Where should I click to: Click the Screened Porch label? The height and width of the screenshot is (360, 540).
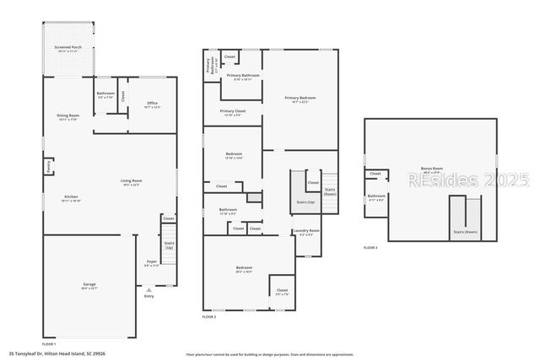click(x=67, y=49)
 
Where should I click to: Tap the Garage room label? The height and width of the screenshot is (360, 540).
click(x=89, y=285)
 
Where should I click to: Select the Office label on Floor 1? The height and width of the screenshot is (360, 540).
click(x=152, y=104)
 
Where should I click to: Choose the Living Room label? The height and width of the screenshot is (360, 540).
click(x=132, y=180)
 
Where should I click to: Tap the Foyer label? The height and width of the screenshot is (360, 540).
click(x=152, y=262)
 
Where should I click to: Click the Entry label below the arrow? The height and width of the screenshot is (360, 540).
click(x=149, y=296)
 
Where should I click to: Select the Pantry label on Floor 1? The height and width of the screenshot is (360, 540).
click(x=49, y=166)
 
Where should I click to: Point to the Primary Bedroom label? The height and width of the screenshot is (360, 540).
click(x=300, y=99)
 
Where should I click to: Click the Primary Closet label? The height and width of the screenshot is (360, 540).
click(x=233, y=111)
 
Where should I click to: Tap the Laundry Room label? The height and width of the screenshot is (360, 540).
click(x=306, y=231)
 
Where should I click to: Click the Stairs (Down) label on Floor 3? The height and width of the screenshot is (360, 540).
click(x=465, y=232)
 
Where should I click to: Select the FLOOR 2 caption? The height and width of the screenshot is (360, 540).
click(x=209, y=316)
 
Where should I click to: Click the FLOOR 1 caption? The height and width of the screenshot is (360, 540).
click(x=49, y=344)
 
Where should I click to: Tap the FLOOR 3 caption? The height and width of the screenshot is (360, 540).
click(x=370, y=248)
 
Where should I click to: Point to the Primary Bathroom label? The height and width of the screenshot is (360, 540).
click(x=239, y=76)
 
